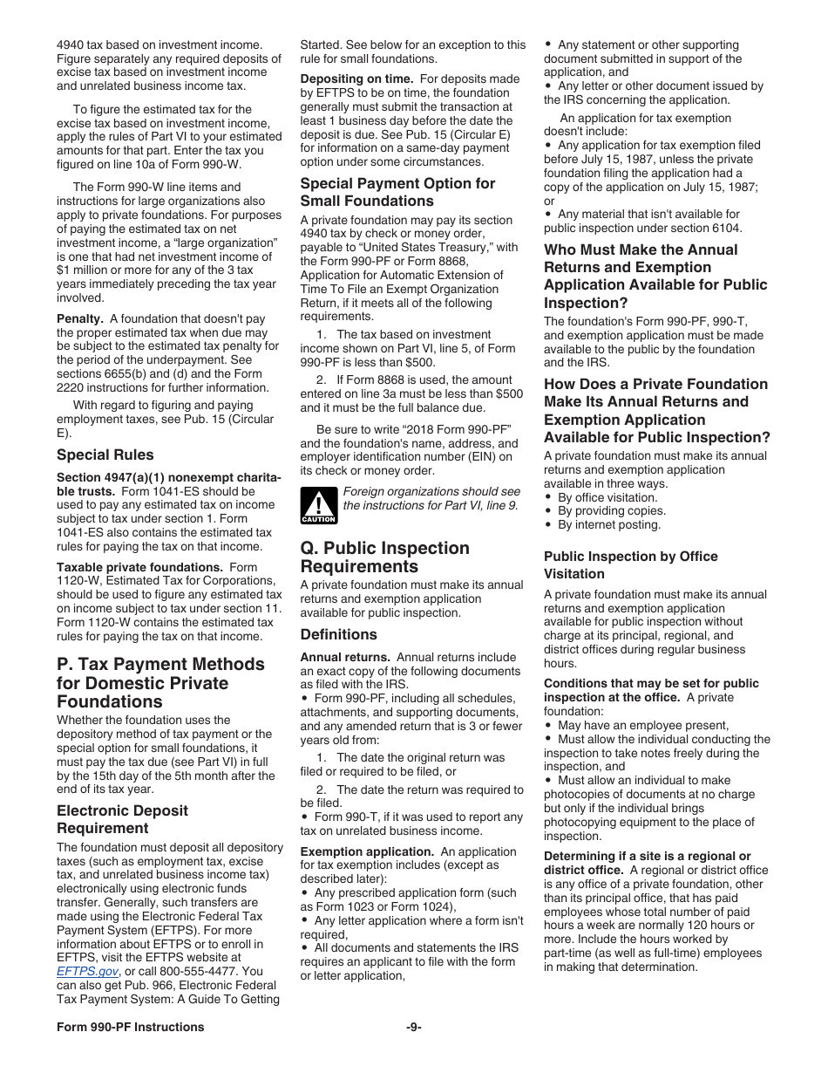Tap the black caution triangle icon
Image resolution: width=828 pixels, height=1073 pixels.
[x=318, y=505]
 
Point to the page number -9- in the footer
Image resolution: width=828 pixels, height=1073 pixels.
[x=413, y=1027]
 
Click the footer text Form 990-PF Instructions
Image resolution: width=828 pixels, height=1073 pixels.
[x=131, y=1027]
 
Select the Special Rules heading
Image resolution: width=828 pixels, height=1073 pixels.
[x=105, y=454]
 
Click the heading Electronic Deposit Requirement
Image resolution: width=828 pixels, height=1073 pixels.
[x=122, y=819]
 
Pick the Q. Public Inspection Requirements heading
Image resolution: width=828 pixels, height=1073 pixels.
[x=385, y=557]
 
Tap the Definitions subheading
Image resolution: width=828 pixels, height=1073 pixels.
[x=339, y=634]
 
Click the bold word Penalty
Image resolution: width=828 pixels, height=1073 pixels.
[x=80, y=319]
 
